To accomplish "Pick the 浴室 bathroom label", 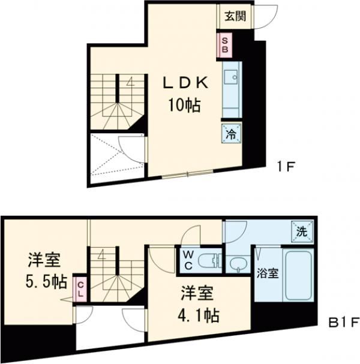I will tap(268, 273).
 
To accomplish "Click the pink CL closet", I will tap(79, 289).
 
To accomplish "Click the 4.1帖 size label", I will tap(197, 314).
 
